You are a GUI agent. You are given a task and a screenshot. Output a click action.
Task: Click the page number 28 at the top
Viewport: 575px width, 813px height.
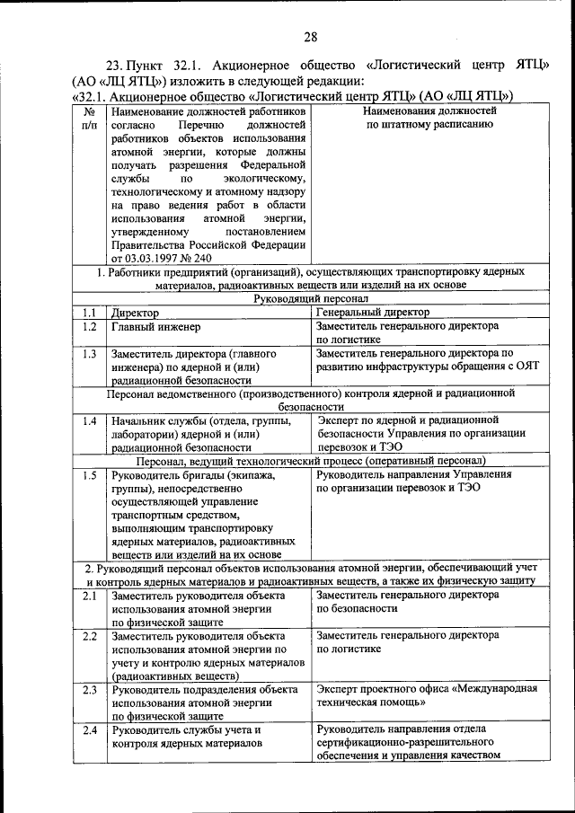(x=310, y=36)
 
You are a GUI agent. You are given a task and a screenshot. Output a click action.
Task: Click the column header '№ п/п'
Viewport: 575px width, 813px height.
(x=89, y=119)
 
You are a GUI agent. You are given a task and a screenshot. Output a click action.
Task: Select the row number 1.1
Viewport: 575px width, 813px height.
(x=88, y=313)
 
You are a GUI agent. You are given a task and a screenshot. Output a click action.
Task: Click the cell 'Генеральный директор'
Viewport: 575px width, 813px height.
(x=373, y=313)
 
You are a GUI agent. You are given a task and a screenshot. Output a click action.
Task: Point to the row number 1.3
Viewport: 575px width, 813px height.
(x=88, y=354)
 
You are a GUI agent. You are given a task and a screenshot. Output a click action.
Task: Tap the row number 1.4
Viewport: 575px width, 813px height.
(x=88, y=420)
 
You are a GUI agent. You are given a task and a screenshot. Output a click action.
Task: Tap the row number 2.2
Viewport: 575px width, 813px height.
(x=88, y=635)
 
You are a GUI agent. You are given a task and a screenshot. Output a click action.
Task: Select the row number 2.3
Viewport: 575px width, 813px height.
(x=88, y=689)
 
